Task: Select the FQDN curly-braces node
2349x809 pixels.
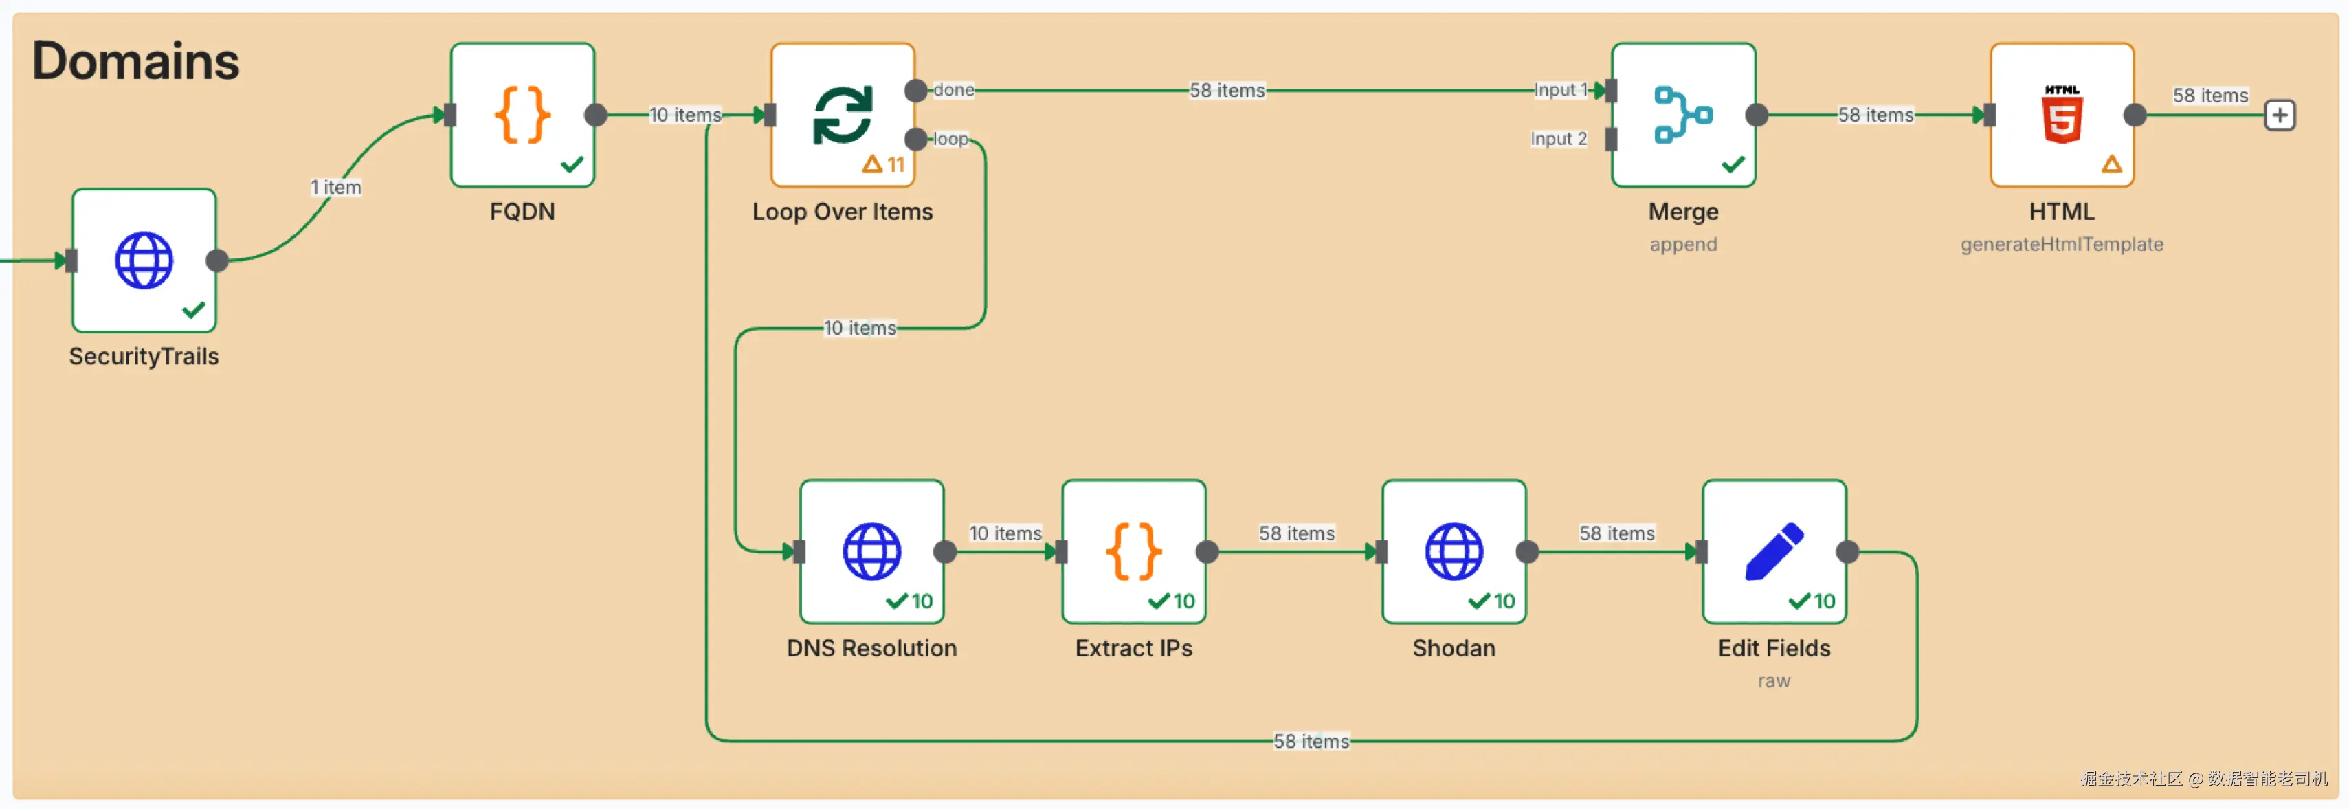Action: [x=522, y=115]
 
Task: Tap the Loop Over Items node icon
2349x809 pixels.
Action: [x=842, y=115]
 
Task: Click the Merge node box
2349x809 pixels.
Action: [x=1682, y=115]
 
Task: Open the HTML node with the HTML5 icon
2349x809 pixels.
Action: [x=2061, y=115]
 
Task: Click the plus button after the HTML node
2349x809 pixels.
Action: [x=2279, y=115]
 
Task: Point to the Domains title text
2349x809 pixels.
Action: [x=136, y=61]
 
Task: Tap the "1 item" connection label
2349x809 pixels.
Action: [x=335, y=187]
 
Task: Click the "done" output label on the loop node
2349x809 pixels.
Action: [x=954, y=89]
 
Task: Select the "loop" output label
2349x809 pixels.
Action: [x=951, y=139]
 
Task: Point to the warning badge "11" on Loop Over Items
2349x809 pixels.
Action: [x=884, y=164]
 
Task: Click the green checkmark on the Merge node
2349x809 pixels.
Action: [x=1733, y=164]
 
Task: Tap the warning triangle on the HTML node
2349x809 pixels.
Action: [x=2111, y=164]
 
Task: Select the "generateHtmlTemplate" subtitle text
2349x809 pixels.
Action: [x=2061, y=245]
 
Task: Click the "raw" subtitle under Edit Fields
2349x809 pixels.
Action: [x=1774, y=681]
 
